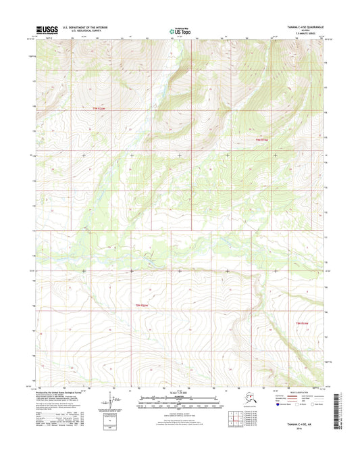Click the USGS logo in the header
pos(45,30)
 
